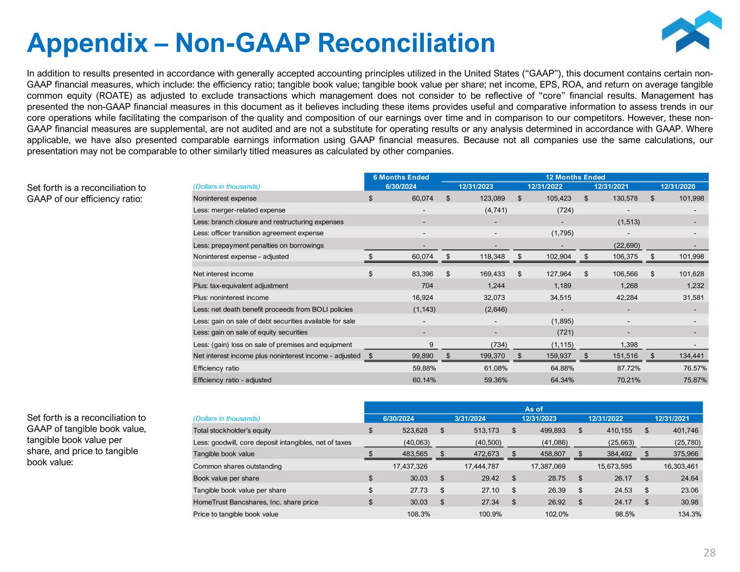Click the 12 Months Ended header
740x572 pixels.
point(575,177)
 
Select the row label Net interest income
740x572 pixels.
point(223,274)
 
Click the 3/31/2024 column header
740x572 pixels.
point(470,419)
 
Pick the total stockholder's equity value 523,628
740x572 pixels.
point(415,430)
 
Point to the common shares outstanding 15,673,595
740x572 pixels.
point(602,466)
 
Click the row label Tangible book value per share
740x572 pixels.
point(240,490)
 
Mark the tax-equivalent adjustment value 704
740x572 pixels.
point(427,286)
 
